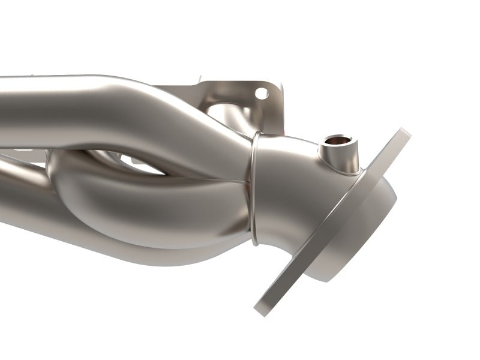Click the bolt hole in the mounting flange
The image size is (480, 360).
[x=261, y=93]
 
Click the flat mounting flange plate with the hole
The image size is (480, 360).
[x=240, y=96]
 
